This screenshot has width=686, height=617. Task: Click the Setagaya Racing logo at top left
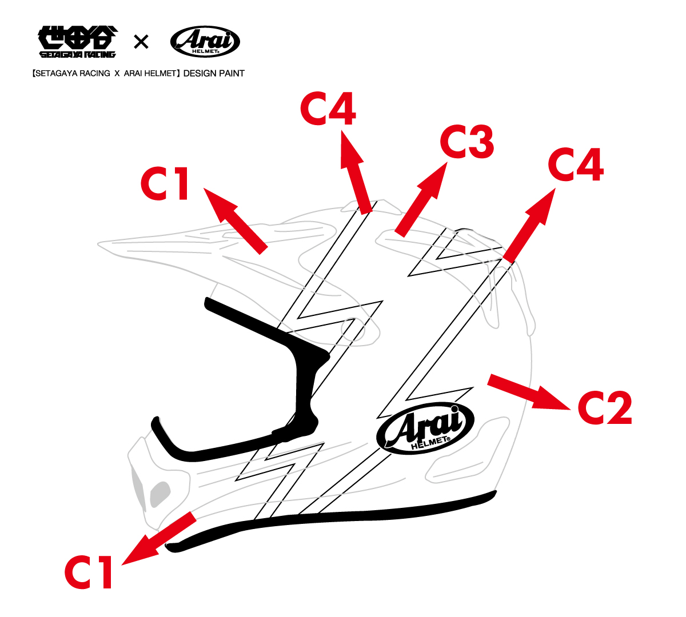(78, 42)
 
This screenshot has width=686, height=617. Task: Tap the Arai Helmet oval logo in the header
(205, 42)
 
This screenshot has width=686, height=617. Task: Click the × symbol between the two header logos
(141, 42)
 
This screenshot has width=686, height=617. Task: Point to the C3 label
(466, 143)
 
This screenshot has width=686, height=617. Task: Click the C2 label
(605, 407)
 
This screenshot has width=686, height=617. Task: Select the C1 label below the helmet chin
(89, 572)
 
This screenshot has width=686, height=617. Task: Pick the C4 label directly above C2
(575, 165)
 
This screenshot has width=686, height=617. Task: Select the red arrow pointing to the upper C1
(235, 219)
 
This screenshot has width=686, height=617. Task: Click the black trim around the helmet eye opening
(297, 360)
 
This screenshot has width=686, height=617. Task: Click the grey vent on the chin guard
(160, 494)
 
